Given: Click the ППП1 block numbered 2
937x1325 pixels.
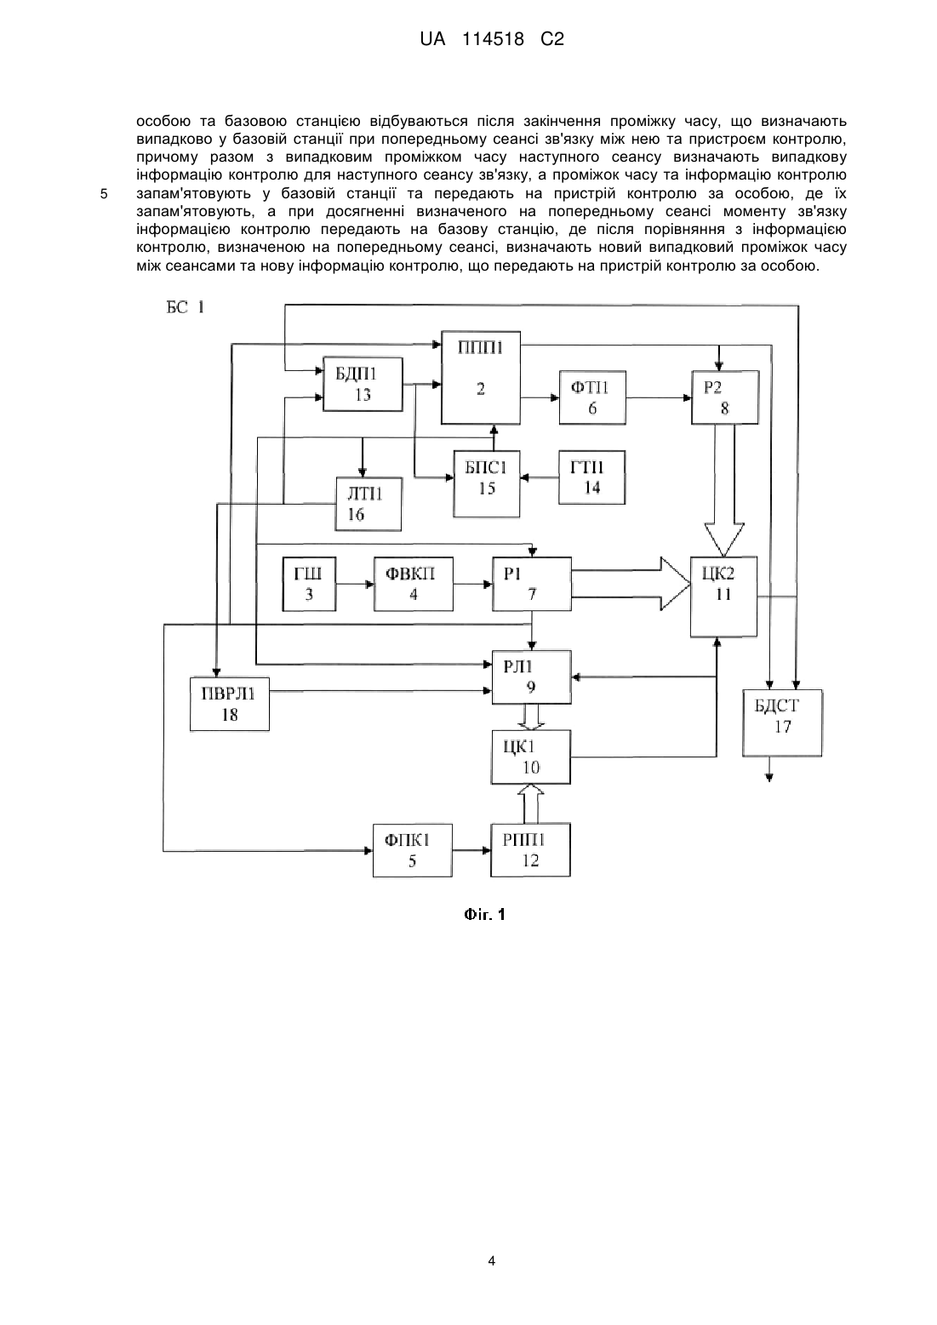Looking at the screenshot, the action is tap(480, 377).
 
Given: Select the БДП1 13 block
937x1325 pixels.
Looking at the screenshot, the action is tap(363, 384).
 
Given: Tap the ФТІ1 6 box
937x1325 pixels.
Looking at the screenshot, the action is tap(592, 397).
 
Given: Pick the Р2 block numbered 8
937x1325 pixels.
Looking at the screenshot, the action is tap(724, 397).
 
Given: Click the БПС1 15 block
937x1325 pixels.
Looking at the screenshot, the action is tap(487, 484).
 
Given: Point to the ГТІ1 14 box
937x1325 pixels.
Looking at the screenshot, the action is tap(591, 477).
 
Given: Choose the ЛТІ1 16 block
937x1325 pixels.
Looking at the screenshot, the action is tap(368, 504).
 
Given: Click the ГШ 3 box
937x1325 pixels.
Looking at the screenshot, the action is tap(310, 584).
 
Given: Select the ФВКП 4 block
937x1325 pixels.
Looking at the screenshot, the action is tap(414, 584).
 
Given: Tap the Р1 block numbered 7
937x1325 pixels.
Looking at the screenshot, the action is tap(532, 584).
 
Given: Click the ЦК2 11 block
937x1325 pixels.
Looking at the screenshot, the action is tap(723, 597).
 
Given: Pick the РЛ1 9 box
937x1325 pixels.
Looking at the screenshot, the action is tap(532, 677).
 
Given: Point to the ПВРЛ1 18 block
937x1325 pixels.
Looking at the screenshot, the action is tap(230, 704).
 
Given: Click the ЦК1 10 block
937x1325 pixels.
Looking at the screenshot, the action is tap(531, 757).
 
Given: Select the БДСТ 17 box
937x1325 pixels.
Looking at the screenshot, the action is tap(782, 722).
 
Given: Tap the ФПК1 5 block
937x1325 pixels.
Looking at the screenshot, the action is tap(412, 850).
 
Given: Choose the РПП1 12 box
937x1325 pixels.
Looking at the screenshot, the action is tap(530, 850).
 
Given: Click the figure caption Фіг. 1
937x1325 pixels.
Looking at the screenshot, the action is tap(484, 915).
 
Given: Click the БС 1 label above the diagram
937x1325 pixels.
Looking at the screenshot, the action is tap(186, 307).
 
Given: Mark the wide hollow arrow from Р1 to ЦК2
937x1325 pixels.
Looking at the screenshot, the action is tap(631, 584).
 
